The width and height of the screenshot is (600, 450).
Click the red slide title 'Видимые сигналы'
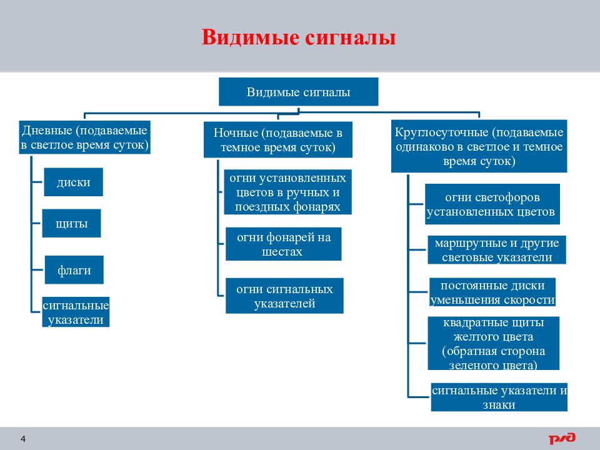click(x=299, y=37)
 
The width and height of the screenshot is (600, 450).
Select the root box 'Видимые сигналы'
click(x=299, y=92)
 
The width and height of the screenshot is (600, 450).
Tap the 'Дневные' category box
click(x=84, y=137)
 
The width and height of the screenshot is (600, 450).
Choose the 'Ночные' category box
click(x=277, y=139)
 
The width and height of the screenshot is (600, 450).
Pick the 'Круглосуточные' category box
click(x=479, y=146)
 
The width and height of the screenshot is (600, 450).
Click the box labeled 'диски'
click(x=74, y=182)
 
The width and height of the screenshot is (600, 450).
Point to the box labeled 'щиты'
click(x=71, y=223)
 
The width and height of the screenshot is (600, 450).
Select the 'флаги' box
click(x=74, y=270)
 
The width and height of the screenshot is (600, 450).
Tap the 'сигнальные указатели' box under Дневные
click(x=76, y=312)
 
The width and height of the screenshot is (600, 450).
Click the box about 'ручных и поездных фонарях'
click(x=287, y=192)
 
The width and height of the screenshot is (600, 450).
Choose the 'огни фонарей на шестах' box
click(x=284, y=244)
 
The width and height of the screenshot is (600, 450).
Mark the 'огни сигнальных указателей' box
click(x=285, y=296)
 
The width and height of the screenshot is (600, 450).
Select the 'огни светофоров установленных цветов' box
click(x=492, y=204)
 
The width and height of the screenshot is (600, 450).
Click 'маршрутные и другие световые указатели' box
click(x=497, y=250)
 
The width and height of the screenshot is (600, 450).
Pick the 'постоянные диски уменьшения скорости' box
click(x=492, y=292)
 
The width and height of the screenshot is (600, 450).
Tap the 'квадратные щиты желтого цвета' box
click(x=494, y=343)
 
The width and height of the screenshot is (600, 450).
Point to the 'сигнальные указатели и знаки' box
click(x=499, y=397)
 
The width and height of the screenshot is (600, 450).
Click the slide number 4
click(x=23, y=439)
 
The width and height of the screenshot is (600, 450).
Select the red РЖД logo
click(x=562, y=438)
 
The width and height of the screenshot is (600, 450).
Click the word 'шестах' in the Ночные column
click(x=282, y=252)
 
